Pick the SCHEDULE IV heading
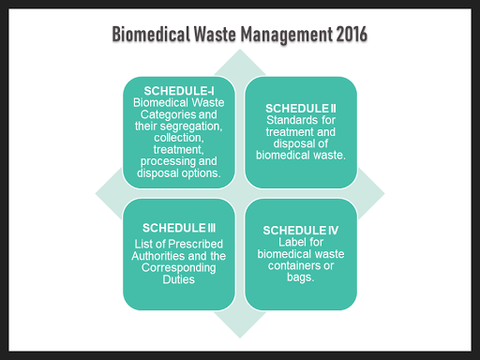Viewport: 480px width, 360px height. pos(302,231)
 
